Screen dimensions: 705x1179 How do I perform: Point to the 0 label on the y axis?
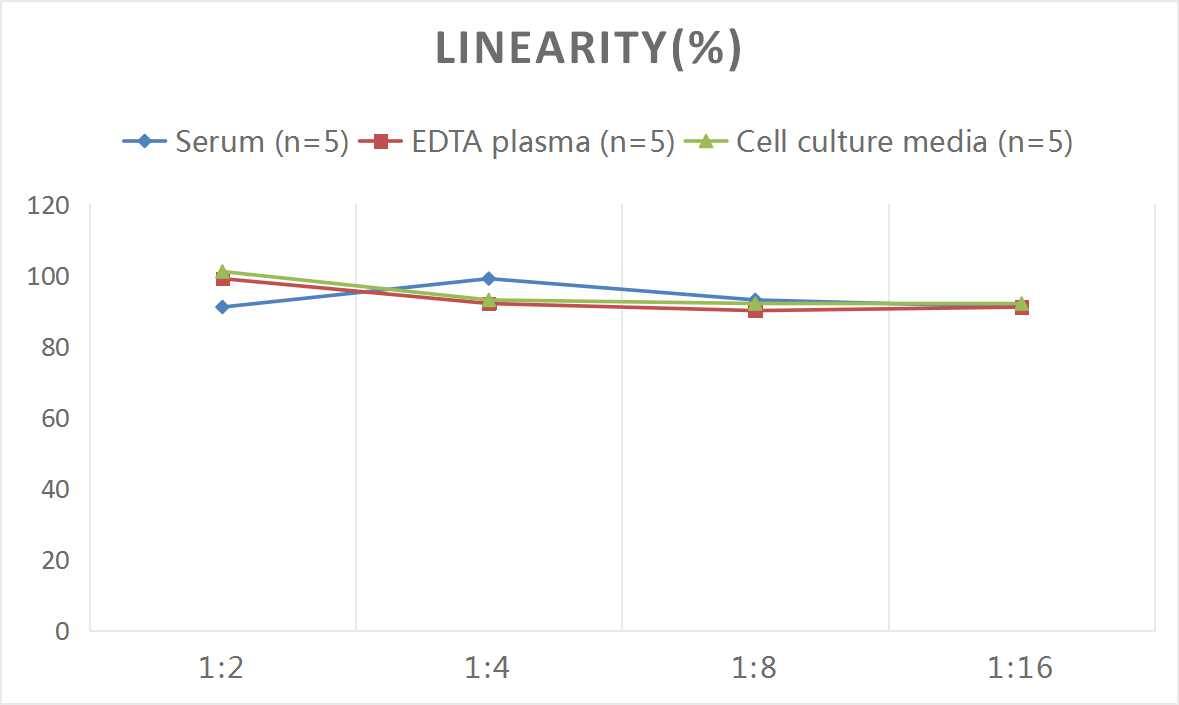(62, 631)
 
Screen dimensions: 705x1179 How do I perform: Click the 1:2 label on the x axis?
(222, 668)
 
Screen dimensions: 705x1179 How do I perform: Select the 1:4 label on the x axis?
(488, 668)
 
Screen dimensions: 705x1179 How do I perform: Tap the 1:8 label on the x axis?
(755, 668)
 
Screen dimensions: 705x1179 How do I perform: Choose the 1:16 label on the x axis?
(1021, 668)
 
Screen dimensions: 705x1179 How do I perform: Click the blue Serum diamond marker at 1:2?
(222, 307)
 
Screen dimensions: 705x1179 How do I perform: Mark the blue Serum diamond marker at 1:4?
(488, 279)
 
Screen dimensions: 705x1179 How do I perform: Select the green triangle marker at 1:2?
(222, 271)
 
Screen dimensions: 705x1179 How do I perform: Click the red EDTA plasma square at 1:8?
(755, 311)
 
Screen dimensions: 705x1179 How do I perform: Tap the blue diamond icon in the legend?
(145, 142)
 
